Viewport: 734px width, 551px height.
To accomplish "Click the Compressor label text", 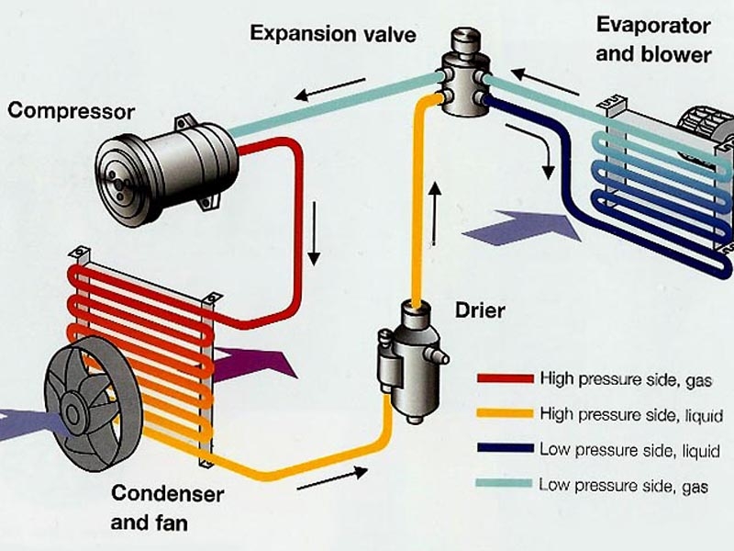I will coord(71,112).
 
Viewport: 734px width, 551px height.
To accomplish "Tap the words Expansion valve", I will coord(332,35).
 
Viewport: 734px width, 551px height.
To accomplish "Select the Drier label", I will coord(480,310).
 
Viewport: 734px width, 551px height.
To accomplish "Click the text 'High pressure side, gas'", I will coord(626,377).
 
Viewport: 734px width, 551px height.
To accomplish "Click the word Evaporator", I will coord(653,25).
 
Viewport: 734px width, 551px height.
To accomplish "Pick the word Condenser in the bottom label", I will coord(167,494).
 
